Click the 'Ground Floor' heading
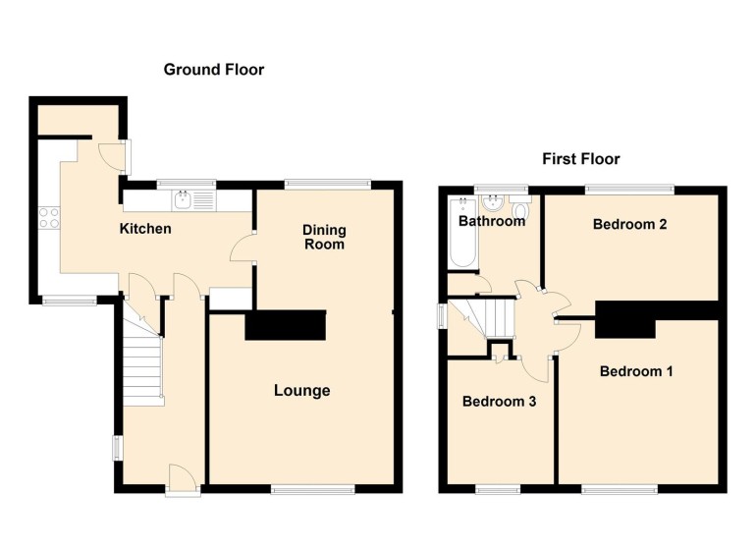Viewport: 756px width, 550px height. coord(213,69)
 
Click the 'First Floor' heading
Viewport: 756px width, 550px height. coord(581,159)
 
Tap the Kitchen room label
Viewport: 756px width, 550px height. coord(145,229)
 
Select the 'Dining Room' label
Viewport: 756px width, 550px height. coord(323,237)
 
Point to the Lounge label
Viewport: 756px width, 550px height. coord(301,391)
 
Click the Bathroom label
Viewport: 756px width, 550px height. coord(492,221)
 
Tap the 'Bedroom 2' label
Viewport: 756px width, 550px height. coord(629,224)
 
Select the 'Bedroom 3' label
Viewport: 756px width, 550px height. coord(498,401)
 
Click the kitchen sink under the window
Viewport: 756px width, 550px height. coord(183,200)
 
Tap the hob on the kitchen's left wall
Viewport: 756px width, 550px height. coord(48,217)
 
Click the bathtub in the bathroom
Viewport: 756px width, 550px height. coord(459,233)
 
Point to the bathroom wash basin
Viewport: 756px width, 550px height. coord(493,202)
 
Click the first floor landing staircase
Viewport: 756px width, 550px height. coord(489,318)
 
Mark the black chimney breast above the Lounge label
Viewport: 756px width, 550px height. coord(285,325)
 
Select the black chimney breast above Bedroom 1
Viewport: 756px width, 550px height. coord(624,318)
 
